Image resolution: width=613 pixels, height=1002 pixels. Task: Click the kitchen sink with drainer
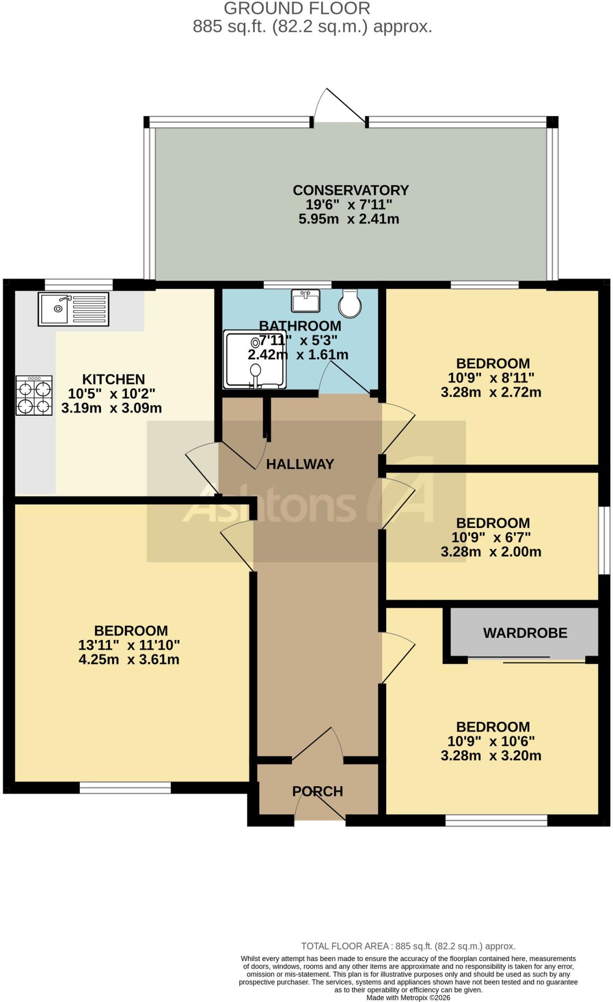tap(73, 309)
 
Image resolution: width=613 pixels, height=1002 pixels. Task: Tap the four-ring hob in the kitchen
tap(34, 395)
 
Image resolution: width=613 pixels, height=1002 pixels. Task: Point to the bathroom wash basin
tap(306, 300)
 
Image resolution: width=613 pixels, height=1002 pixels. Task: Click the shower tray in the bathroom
tap(255, 360)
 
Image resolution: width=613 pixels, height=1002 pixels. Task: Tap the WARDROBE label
tap(525, 633)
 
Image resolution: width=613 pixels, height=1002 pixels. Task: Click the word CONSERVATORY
tap(351, 190)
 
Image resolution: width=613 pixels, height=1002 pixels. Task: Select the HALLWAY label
tap(300, 464)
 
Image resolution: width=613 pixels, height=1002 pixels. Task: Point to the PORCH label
tap(318, 791)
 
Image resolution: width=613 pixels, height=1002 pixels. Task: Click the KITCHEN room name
tap(114, 379)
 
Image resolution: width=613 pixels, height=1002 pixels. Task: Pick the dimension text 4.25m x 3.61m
tap(129, 660)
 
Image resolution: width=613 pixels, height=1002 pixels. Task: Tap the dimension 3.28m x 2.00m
tap(491, 552)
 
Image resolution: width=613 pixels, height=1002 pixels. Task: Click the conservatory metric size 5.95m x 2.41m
tap(349, 219)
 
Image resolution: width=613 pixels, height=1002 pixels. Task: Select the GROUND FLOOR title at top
tap(297, 8)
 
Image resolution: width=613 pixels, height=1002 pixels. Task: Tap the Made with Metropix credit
tap(408, 998)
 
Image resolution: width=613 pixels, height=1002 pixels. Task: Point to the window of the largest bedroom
tap(125, 787)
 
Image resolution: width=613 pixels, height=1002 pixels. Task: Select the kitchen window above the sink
tap(79, 284)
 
